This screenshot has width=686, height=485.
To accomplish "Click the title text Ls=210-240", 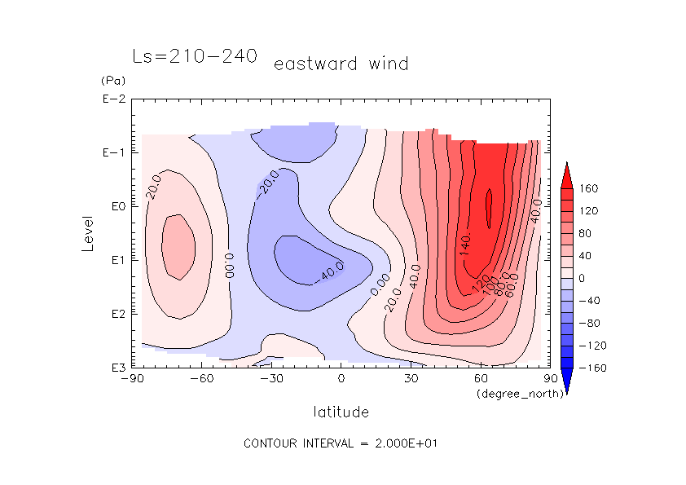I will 195,56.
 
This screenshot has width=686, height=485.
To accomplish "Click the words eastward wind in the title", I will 341,64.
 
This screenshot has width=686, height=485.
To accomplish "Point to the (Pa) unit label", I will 111,82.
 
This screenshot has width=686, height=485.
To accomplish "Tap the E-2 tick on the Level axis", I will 113,99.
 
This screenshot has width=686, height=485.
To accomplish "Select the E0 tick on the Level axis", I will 116,206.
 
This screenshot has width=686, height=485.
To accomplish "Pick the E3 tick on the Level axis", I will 116,368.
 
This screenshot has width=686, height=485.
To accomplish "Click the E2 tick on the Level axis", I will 116,314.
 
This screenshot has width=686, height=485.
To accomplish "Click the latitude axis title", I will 341,412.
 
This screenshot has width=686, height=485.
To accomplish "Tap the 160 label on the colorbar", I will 589,189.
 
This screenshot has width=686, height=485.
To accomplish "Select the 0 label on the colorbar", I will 583,278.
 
